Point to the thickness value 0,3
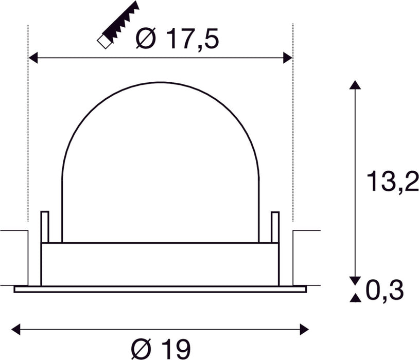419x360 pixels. coord(384,292)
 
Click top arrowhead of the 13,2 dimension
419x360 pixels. coord(353,85)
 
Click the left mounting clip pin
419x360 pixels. coord(45,226)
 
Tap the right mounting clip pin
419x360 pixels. coord(275,226)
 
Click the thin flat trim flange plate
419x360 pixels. coord(160,289)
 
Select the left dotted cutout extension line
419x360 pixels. coord(27,129)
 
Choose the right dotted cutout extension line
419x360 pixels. coord(292,129)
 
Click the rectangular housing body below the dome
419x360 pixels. coord(160,264)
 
